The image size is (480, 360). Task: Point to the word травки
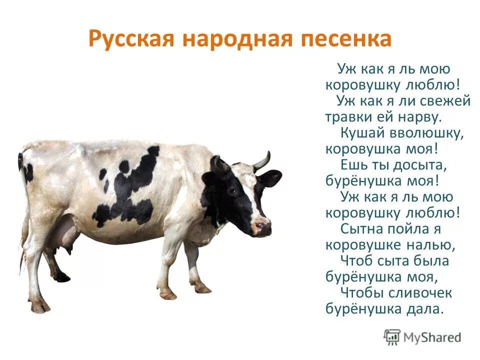pyautogui.click(x=350, y=117)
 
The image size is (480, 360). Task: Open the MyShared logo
pyautogui.click(x=422, y=337)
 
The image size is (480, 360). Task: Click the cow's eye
pyautogui.click(x=232, y=191)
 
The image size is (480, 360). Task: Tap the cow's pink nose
pyautogui.click(x=262, y=227)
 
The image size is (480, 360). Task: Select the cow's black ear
pyautogui.click(x=269, y=178)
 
